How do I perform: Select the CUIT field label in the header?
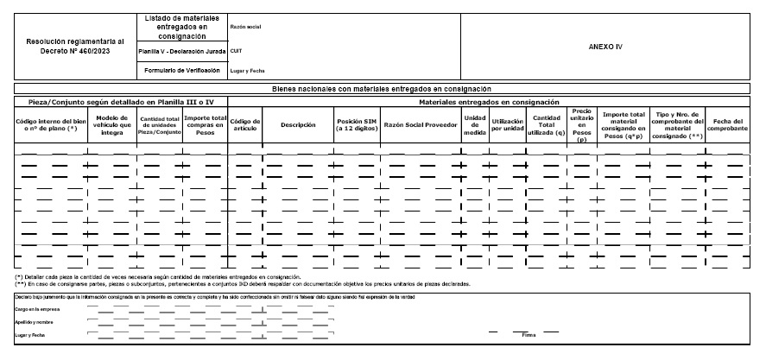click(236, 51)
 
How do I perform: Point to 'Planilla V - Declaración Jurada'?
click(182, 52)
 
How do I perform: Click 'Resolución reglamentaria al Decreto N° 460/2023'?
click(75, 46)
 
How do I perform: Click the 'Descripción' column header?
click(298, 123)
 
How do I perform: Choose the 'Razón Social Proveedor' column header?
click(420, 123)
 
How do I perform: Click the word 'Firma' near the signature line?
click(529, 335)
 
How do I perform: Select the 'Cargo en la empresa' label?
click(35, 307)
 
